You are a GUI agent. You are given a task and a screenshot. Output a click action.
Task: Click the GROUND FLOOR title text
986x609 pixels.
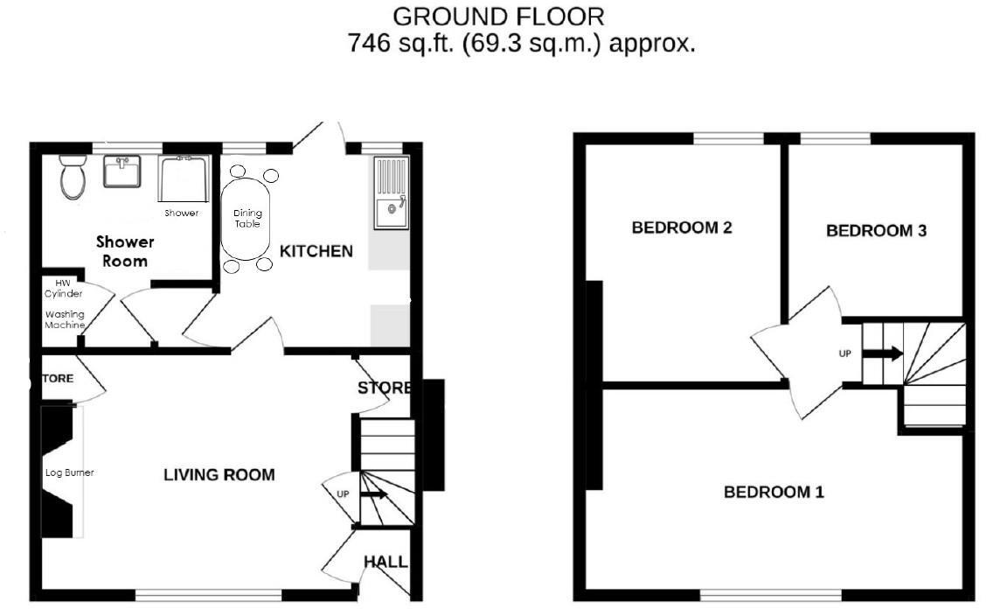[x=498, y=16]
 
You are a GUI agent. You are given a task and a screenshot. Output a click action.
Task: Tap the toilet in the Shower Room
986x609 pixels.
[x=72, y=178]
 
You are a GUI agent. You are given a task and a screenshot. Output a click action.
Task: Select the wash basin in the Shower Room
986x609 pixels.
[x=122, y=171]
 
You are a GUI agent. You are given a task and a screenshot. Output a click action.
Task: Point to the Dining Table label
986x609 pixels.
[x=247, y=218]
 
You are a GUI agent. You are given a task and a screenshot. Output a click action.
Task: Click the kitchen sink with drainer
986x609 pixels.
[x=391, y=192]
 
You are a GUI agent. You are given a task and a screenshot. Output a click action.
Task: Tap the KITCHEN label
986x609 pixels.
[x=316, y=252]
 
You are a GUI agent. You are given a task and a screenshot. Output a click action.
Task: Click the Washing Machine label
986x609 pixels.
[x=66, y=319]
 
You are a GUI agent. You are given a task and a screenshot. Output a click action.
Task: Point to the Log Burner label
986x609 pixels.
[x=69, y=472]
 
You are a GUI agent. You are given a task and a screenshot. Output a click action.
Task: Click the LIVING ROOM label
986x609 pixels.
[x=219, y=475]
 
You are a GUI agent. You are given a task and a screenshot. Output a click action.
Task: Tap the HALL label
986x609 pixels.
[x=385, y=562]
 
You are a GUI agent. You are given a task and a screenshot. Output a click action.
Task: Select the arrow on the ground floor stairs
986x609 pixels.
[x=373, y=494]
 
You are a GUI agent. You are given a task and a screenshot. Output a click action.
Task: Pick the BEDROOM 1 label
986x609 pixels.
[x=774, y=493]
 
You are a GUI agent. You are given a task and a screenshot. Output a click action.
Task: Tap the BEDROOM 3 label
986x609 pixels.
[x=876, y=231]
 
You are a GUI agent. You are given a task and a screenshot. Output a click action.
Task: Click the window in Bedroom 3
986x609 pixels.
[x=835, y=138]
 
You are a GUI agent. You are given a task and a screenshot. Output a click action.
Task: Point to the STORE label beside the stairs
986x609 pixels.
[x=384, y=388]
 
